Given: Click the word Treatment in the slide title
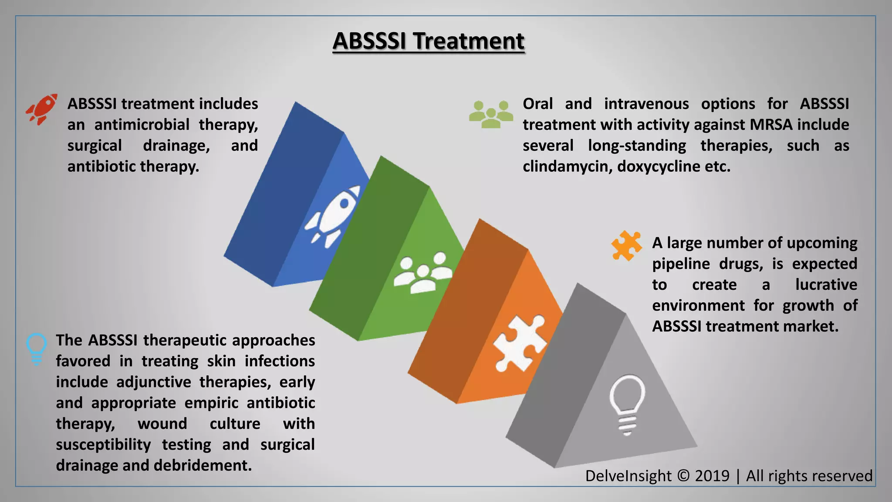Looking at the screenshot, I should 469,41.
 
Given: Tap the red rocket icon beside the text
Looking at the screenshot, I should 42,109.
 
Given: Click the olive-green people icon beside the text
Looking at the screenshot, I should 491,114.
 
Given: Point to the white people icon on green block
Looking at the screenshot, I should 422,272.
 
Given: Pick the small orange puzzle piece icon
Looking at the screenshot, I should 626,245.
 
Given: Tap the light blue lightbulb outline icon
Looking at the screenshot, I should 37,348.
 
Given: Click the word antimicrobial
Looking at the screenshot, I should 142,125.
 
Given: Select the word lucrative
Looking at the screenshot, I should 826,285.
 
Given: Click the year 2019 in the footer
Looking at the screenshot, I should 712,476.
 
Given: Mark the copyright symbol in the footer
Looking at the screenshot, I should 683,476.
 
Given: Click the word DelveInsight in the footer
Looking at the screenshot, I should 628,476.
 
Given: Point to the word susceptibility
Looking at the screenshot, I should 103,444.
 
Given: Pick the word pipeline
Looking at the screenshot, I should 681,264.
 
